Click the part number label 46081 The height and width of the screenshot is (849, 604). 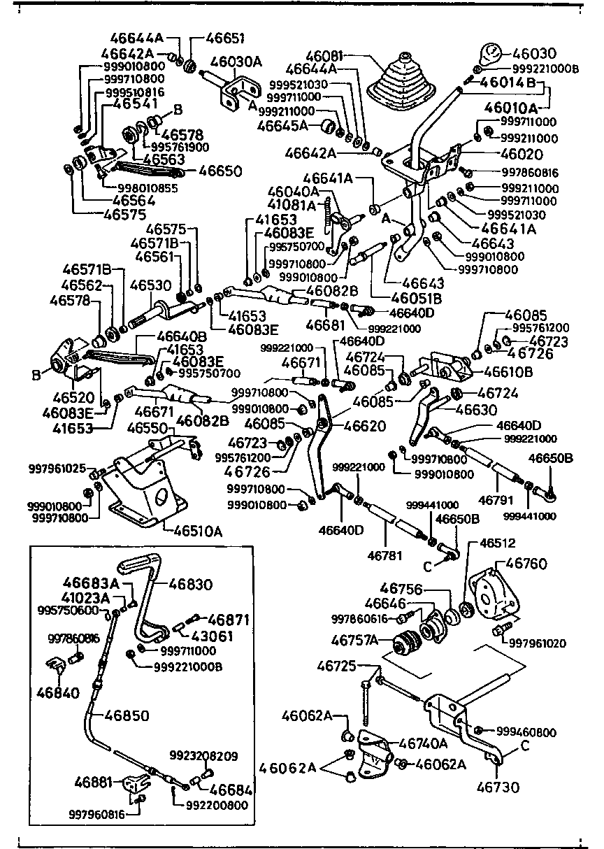(x=325, y=55)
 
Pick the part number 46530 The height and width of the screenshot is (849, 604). (x=148, y=285)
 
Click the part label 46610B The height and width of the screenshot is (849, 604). (x=508, y=371)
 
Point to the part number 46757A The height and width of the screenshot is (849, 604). (x=354, y=639)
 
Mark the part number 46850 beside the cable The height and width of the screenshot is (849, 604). (x=129, y=715)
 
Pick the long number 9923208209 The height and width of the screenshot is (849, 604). (x=203, y=756)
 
